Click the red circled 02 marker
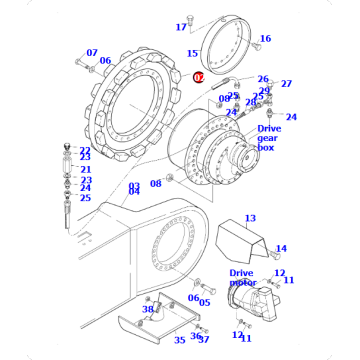tap(198, 76)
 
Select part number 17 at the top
tap(181, 26)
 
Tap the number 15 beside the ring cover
tap(192, 53)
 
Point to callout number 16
tap(265, 39)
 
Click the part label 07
tap(92, 52)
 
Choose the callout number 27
tap(285, 84)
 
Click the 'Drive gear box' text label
tap(269, 138)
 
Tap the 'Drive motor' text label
tap(243, 277)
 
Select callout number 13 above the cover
tap(250, 218)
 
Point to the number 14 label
tap(281, 249)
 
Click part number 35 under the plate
tap(180, 339)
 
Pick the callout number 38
tap(147, 310)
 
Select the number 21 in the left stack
tap(86, 169)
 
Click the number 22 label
tap(85, 149)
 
